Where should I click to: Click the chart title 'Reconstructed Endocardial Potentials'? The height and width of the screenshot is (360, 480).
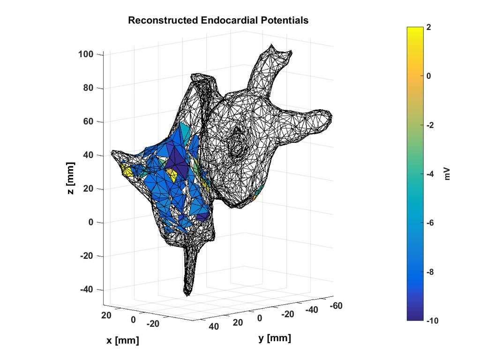[x=218, y=21]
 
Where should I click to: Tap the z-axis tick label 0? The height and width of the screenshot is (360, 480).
[x=92, y=223]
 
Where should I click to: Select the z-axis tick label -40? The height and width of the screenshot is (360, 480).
[x=87, y=290]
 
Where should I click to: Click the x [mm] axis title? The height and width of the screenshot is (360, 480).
[x=122, y=340]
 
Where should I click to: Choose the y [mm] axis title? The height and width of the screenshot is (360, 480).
[x=274, y=338]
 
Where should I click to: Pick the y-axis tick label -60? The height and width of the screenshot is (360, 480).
[x=336, y=306]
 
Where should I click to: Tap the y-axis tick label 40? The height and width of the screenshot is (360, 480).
[x=213, y=326]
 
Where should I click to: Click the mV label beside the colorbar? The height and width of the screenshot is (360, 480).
[x=447, y=174]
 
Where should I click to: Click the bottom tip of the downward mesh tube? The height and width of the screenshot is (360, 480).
[x=187, y=294]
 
